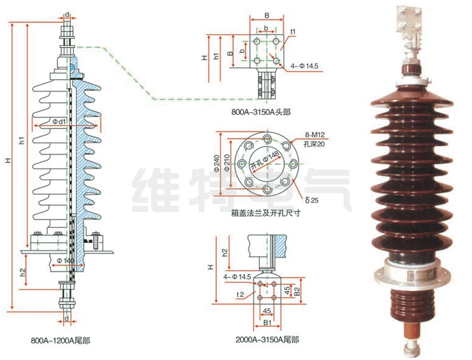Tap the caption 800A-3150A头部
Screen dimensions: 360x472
[261, 112]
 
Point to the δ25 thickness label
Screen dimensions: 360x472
[311, 200]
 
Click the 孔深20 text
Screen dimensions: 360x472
[314, 144]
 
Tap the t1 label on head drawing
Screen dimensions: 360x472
[293, 31]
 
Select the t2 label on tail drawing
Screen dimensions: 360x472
[239, 295]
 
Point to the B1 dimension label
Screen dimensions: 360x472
[267, 323]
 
